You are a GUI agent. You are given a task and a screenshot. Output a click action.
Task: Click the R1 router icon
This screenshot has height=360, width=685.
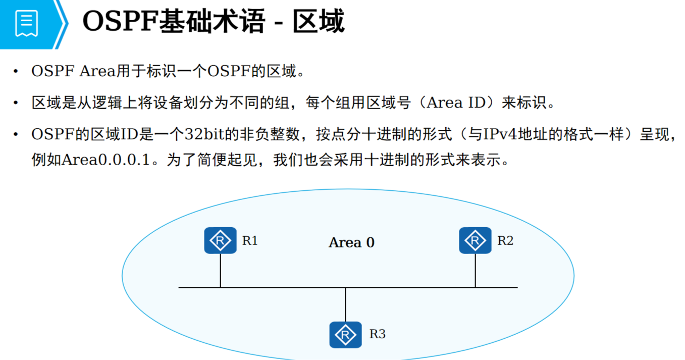click(220, 240)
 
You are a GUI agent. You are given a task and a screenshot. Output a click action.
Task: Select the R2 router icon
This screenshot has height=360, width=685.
click(475, 240)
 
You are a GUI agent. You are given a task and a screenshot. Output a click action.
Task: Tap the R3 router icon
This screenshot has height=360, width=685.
click(345, 334)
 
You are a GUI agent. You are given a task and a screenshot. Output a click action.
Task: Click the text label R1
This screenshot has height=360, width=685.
click(250, 241)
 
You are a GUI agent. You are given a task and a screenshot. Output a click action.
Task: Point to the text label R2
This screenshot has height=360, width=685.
click(505, 241)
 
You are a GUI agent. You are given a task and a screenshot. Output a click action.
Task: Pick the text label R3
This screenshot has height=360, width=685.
click(378, 334)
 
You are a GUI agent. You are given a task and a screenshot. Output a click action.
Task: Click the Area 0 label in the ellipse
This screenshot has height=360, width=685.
click(352, 243)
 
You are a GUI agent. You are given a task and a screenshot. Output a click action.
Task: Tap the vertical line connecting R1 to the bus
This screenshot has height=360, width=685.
click(221, 271)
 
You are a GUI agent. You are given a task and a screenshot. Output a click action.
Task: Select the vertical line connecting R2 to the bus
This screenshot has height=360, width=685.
click(475, 271)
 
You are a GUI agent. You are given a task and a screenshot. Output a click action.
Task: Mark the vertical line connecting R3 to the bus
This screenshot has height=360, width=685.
click(345, 304)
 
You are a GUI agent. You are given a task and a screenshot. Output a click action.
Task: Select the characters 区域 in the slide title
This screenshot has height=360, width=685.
click(319, 22)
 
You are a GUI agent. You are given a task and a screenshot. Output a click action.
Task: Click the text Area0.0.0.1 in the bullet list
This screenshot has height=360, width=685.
click(106, 161)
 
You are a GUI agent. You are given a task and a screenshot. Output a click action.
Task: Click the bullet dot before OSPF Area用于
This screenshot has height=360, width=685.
click(17, 71)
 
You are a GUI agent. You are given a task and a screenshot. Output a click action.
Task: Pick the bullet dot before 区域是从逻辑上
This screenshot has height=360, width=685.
click(17, 103)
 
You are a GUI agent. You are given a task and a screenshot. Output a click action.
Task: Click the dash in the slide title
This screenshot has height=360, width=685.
click(278, 24)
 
